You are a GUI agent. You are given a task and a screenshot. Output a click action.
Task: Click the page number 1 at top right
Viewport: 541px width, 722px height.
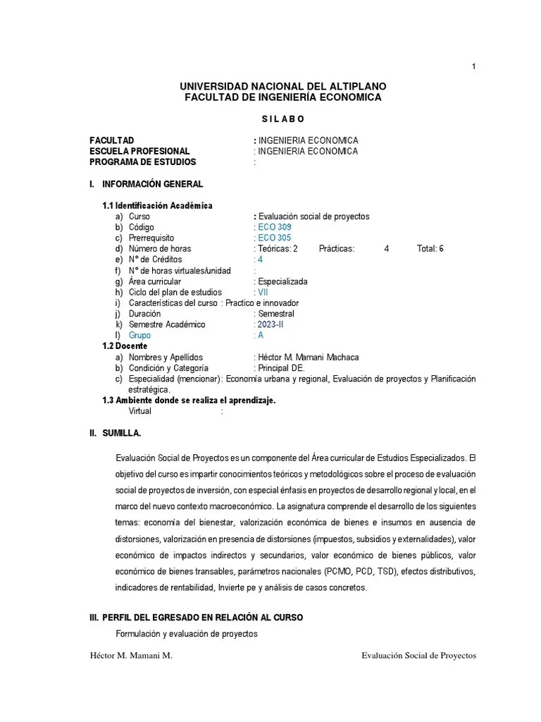474,66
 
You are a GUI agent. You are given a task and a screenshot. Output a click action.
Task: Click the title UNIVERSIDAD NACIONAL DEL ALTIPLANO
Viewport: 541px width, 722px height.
283,86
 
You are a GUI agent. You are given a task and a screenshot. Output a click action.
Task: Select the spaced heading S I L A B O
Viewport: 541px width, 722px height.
282,118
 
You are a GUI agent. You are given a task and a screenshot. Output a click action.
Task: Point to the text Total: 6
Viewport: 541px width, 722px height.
430,249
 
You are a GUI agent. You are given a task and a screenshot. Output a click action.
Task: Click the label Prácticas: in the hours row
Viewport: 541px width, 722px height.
337,249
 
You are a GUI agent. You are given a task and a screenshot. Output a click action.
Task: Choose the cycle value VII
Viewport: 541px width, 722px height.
261,292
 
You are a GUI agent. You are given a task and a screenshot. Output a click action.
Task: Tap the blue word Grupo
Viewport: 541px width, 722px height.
140,336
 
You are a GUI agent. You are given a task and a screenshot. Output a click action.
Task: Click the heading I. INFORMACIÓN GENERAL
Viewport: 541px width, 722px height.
146,184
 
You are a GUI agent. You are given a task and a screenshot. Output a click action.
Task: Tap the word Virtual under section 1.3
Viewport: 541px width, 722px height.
139,411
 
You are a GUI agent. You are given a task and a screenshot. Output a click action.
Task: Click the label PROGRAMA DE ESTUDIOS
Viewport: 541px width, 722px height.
143,162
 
